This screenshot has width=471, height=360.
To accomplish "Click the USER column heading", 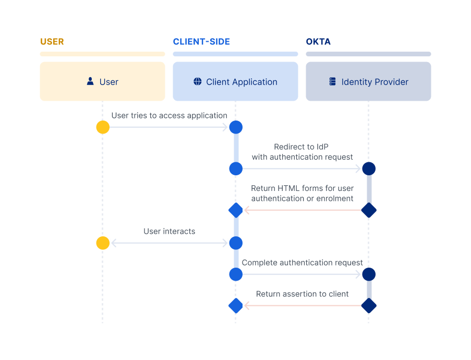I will [52, 42].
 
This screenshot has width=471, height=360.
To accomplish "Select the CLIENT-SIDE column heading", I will [201, 42].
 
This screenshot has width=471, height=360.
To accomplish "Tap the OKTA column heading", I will [318, 42].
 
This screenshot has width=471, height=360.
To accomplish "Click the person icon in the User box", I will [90, 81].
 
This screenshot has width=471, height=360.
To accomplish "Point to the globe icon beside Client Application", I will [197, 81].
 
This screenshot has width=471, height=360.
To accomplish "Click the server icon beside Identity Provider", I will [332, 81].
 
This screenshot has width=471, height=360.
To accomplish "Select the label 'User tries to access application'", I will [169, 115].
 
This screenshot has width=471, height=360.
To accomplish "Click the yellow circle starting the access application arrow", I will [103, 127].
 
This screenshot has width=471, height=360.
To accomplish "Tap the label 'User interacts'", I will [169, 231].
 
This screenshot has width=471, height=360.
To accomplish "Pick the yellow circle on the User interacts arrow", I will [103, 243].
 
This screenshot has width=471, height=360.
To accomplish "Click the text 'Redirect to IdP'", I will [302, 147].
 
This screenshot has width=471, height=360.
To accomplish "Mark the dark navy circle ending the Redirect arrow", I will [369, 169].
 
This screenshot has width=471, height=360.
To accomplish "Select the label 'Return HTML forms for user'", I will [302, 188].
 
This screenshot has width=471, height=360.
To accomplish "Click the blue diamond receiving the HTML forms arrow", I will [236, 210].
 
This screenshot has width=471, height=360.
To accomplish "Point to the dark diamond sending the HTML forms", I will [369, 210].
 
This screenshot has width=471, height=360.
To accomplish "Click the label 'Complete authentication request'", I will [302, 263].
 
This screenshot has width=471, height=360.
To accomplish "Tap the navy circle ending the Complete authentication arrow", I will [369, 274].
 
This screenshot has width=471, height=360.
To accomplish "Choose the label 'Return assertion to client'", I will [302, 294].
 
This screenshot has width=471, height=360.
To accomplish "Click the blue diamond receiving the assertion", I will [236, 305].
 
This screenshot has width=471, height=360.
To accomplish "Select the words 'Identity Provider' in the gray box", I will [375, 82].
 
